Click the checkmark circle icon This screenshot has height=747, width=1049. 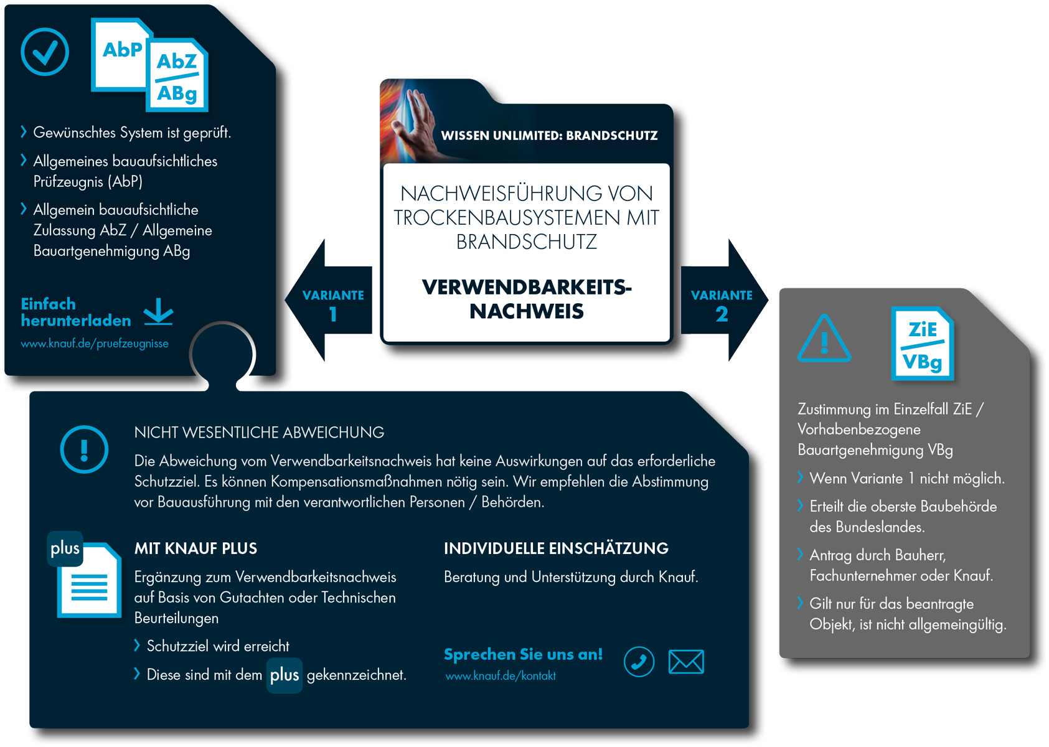(x=45, y=52)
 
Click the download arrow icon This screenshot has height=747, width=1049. (x=159, y=311)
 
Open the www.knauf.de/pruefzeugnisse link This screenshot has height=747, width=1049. (x=95, y=344)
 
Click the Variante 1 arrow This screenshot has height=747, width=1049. (x=330, y=300)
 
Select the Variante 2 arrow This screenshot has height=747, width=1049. (x=723, y=300)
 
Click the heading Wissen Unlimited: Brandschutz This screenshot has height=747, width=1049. (x=549, y=136)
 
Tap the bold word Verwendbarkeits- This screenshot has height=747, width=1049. (x=527, y=287)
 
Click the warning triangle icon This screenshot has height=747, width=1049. (x=824, y=339)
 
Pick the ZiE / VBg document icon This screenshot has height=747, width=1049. (x=922, y=344)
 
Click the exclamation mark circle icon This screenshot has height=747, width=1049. (x=84, y=449)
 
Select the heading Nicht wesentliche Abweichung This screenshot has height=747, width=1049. (x=259, y=433)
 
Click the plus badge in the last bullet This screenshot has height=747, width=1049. (x=285, y=675)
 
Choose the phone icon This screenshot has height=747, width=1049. (x=639, y=661)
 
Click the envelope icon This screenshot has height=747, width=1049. (x=686, y=662)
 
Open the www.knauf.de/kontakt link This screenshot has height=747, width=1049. (x=501, y=676)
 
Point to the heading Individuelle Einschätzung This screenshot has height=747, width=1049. (x=556, y=548)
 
